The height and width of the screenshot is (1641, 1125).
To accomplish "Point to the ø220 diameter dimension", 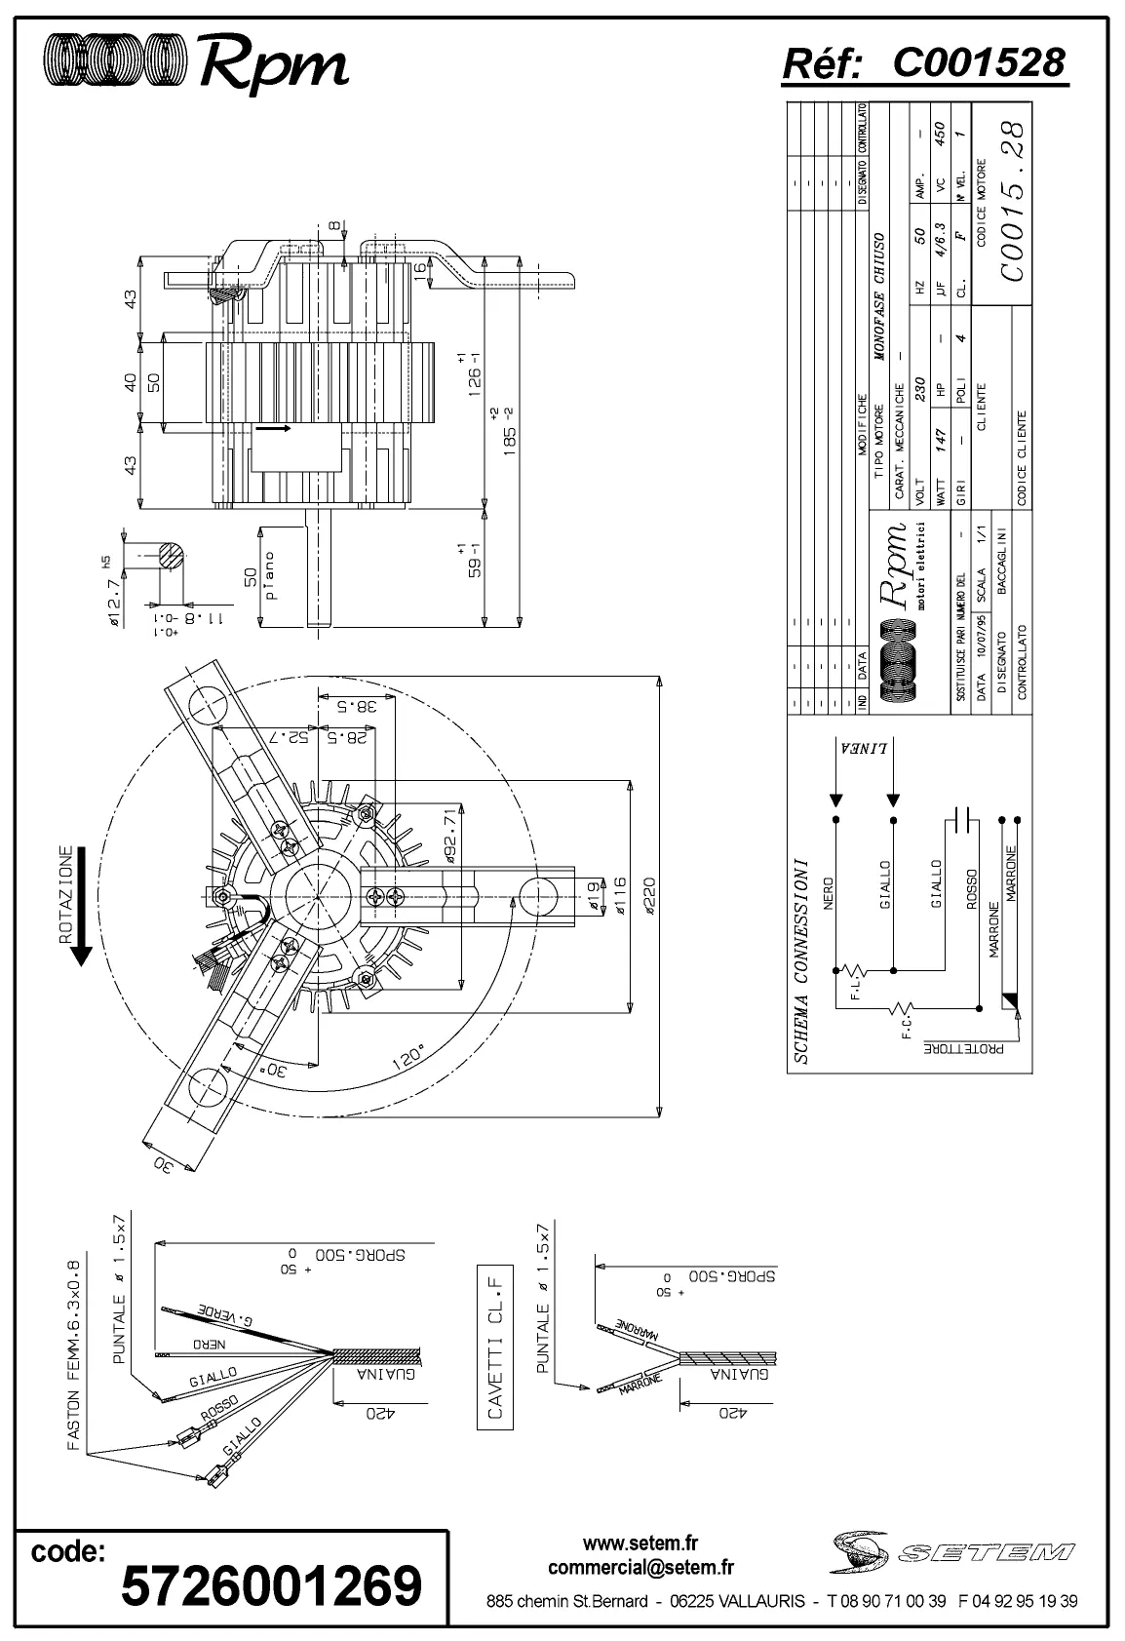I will tap(649, 892).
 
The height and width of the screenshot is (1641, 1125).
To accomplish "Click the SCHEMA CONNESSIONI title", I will tap(801, 960).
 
